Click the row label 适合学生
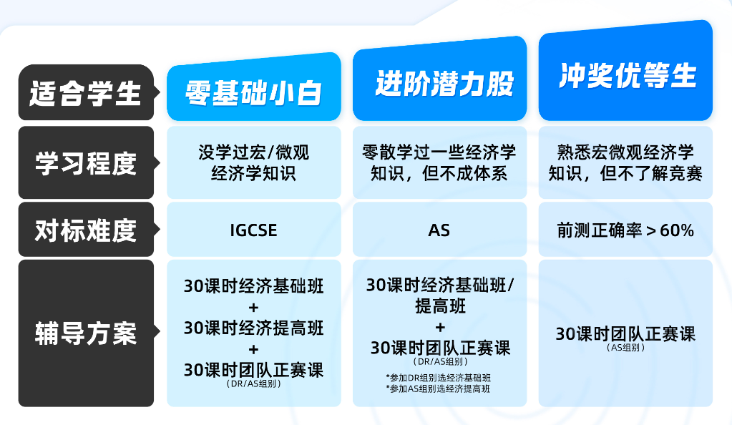86,94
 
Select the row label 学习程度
86,163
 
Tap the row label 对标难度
86,230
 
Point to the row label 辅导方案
86,333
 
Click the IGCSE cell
253,230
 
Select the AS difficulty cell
439,230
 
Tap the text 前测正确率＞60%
625,230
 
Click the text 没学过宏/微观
253,152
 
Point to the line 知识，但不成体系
439,173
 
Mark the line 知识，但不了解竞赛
625,173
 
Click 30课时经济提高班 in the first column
253,328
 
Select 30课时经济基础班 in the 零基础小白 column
253,287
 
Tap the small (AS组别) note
625,348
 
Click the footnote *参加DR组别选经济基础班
439,377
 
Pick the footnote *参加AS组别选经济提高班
439,389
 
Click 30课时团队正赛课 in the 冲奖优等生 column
625,334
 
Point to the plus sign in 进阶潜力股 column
439,328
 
